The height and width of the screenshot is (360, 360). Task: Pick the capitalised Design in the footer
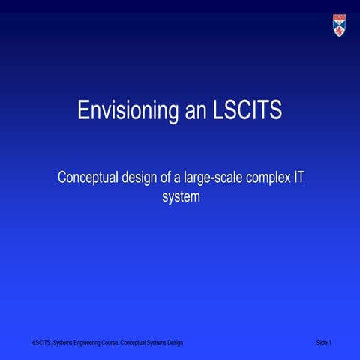pyautogui.click(x=175, y=343)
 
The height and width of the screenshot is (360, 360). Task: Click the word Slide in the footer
pyautogui.click(x=322, y=343)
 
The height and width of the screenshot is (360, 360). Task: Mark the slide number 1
pyautogui.click(x=331, y=343)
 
